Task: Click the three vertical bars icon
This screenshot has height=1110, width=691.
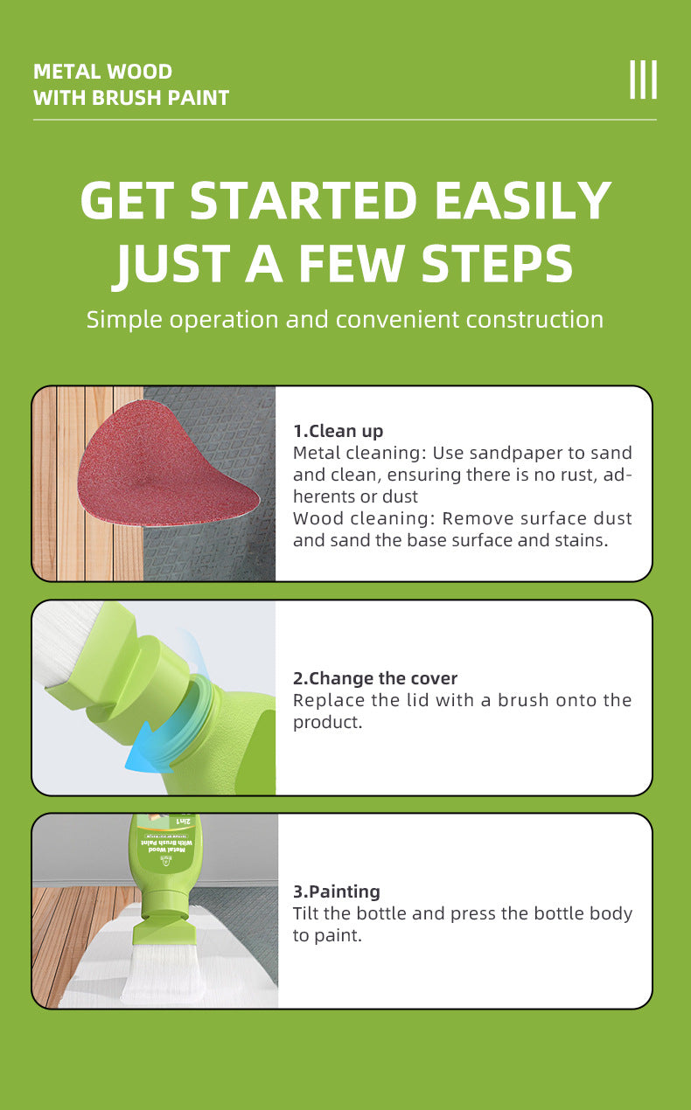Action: [x=644, y=80]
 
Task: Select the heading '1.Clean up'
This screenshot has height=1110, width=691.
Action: [x=338, y=431]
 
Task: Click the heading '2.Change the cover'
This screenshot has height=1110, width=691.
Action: [x=375, y=678]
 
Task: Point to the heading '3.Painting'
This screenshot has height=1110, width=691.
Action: [x=337, y=891]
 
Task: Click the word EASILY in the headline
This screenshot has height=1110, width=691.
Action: [x=523, y=200]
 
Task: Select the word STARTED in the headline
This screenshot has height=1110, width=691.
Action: [x=304, y=200]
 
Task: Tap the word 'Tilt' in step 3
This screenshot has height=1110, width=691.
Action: [x=305, y=912]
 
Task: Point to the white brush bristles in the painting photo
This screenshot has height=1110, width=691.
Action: [x=164, y=970]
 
